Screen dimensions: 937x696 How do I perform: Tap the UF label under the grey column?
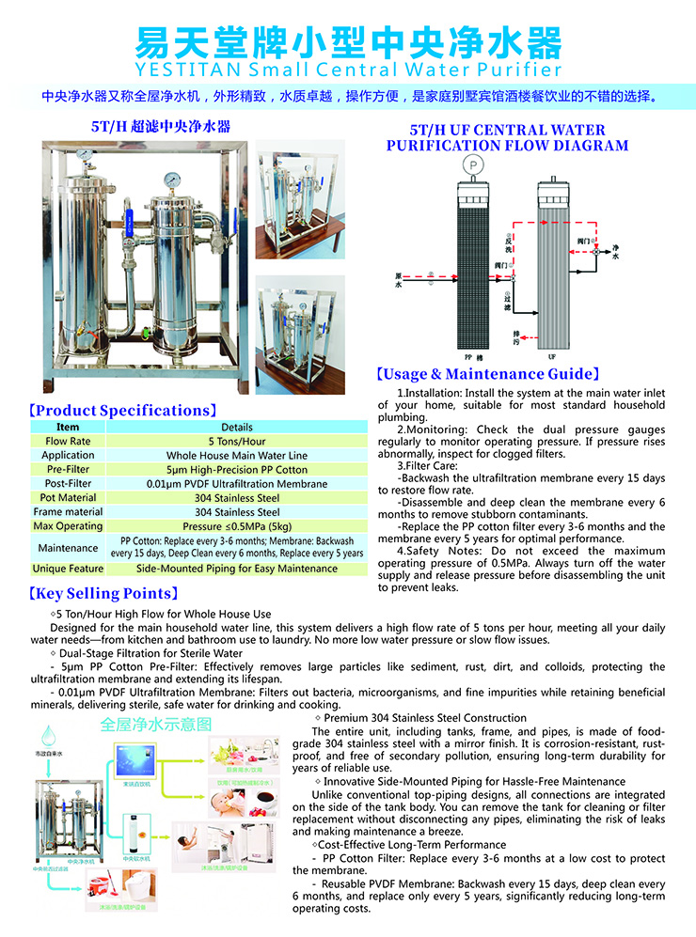551,358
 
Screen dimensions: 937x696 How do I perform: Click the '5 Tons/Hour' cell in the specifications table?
237,441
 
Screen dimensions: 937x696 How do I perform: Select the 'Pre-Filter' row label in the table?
68,469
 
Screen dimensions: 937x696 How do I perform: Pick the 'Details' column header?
237,427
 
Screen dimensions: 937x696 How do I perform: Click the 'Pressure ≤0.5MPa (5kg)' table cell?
237,526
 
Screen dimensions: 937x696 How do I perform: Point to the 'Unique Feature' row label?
68,569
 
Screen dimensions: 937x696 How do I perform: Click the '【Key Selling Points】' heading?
103,594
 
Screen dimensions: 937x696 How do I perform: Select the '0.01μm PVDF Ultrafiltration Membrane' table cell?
237,483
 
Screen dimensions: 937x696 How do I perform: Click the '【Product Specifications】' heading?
122,411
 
